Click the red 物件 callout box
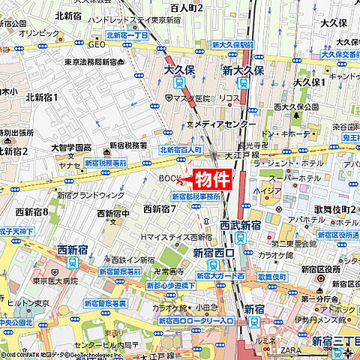click(212, 179)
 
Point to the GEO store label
click(97, 44)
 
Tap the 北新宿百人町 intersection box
click(181, 150)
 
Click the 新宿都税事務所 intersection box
click(196, 196)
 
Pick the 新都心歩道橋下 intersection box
click(171, 286)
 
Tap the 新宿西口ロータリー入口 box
click(196, 321)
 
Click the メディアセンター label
click(218, 123)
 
